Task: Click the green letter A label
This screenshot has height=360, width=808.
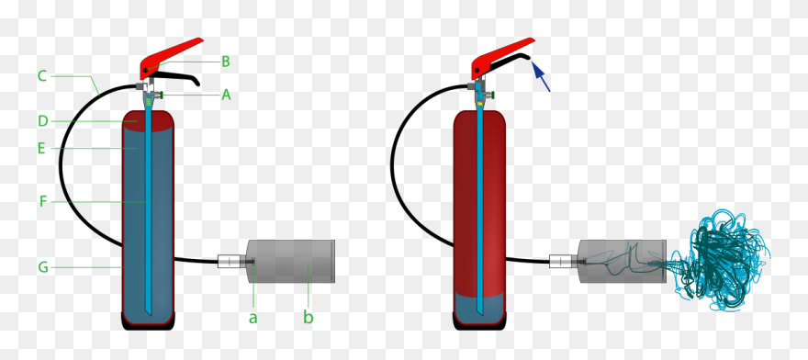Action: coord(226,94)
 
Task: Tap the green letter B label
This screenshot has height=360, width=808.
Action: coord(226,62)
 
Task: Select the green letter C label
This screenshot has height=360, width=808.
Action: coord(42,75)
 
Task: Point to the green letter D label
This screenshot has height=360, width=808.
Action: coord(42,120)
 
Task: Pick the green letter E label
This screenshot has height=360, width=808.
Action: coord(42,146)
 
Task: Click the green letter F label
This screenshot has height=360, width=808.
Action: coord(42,201)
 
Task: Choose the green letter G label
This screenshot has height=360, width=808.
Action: coord(42,267)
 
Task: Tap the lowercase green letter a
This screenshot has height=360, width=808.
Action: coord(253,318)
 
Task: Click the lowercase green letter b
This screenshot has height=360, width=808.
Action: coord(309,318)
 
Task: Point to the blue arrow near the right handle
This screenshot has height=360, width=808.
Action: coord(542,77)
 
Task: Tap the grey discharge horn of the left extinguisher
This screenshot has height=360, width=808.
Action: coord(292,261)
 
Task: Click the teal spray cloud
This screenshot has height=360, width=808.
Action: coord(725,258)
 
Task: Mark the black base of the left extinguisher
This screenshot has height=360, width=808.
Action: coord(148,320)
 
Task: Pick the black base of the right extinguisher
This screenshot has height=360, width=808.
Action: coord(479,320)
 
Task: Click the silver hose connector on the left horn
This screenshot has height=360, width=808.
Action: coord(229,261)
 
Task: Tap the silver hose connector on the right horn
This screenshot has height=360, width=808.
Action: coord(560,261)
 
